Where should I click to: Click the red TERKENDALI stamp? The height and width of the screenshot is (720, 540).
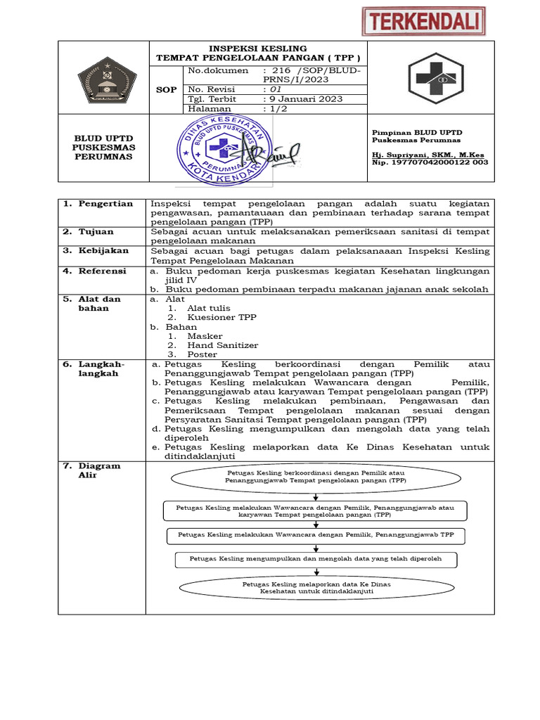pyautogui.click(x=424, y=20)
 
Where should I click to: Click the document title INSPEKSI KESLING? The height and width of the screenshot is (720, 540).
pyautogui.click(x=257, y=48)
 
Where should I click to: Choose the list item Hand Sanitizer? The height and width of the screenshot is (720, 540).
pyautogui.click(x=222, y=345)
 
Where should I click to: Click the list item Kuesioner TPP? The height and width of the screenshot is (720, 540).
pyautogui.click(x=221, y=317)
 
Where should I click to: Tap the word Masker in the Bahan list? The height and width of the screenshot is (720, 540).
pyautogui.click(x=205, y=336)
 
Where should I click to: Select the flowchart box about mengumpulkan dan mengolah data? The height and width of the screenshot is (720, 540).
pyautogui.click(x=316, y=559)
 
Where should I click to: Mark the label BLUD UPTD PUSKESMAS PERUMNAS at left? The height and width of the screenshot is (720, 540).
pyautogui.click(x=104, y=147)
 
